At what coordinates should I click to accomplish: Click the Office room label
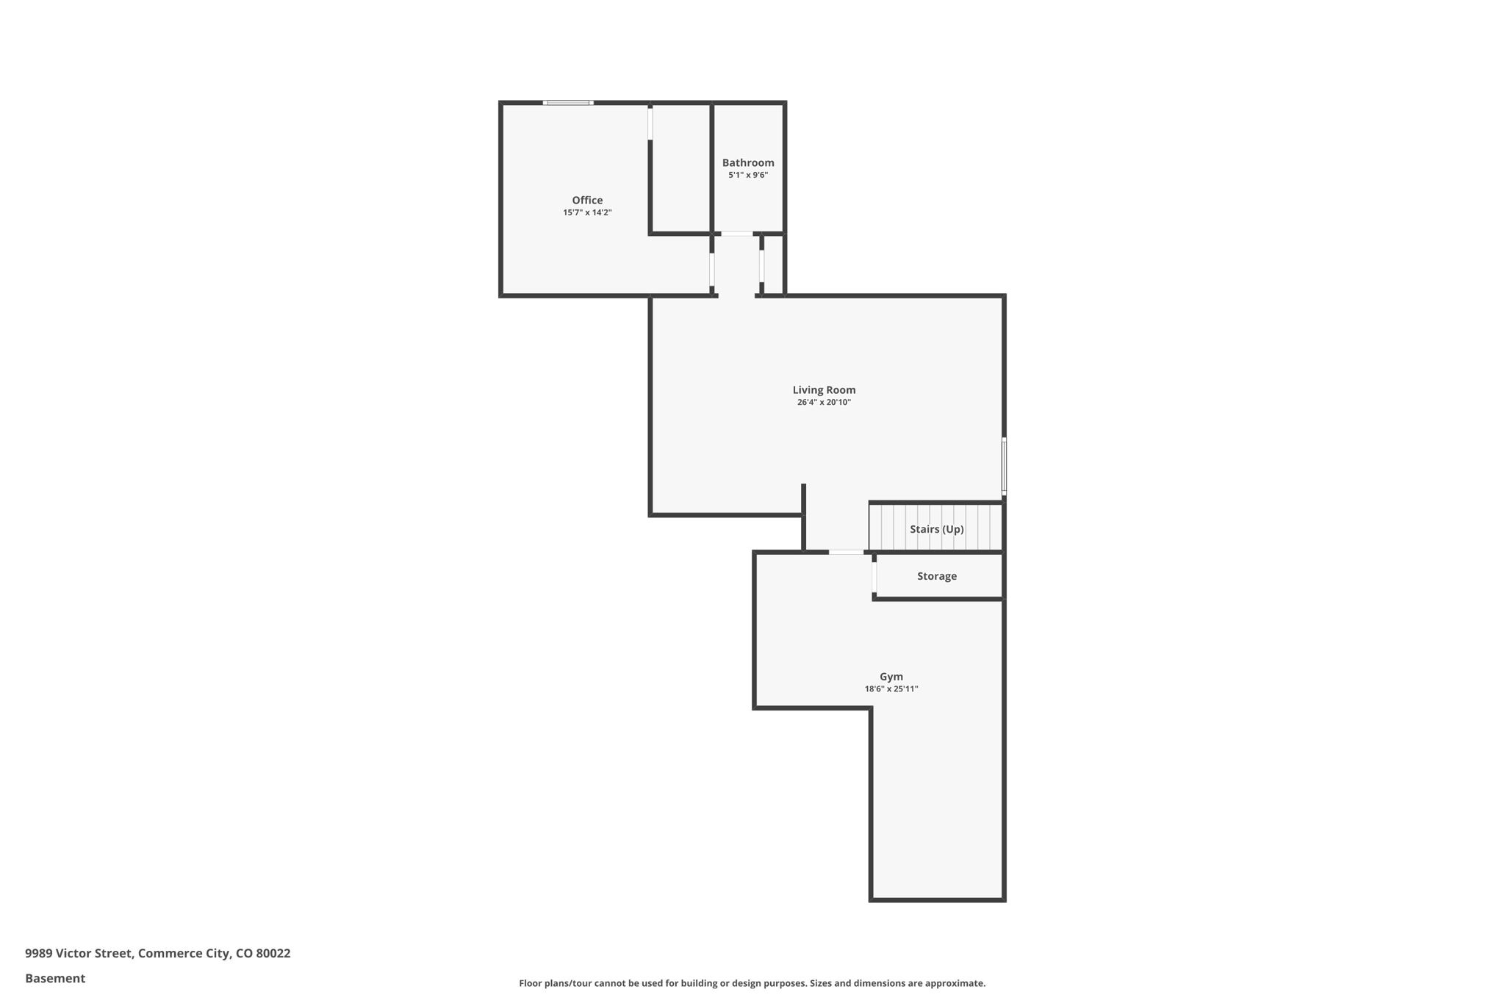pos(587,200)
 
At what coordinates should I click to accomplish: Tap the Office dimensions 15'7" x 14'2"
pos(587,212)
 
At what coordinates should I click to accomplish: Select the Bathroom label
pos(748,162)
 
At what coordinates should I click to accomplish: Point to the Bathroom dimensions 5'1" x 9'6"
pos(748,175)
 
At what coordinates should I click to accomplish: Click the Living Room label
pos(824,389)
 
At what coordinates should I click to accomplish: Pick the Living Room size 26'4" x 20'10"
pos(824,402)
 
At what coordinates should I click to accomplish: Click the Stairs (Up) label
pos(936,529)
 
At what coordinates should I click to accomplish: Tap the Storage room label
pos(936,576)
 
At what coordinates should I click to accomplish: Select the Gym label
pos(891,676)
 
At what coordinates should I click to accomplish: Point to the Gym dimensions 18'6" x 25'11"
pos(891,689)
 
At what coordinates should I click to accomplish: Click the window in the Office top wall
pos(568,103)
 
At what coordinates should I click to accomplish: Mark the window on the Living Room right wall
pos(1004,466)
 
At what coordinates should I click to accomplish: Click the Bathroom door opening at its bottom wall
pos(736,234)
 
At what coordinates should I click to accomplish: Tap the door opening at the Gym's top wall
pos(847,552)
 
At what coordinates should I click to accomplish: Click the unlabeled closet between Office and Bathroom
pos(680,169)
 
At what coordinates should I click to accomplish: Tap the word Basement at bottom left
pos(55,978)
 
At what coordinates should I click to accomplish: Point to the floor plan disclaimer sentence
pos(752,983)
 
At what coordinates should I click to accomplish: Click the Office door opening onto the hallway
pos(712,269)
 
